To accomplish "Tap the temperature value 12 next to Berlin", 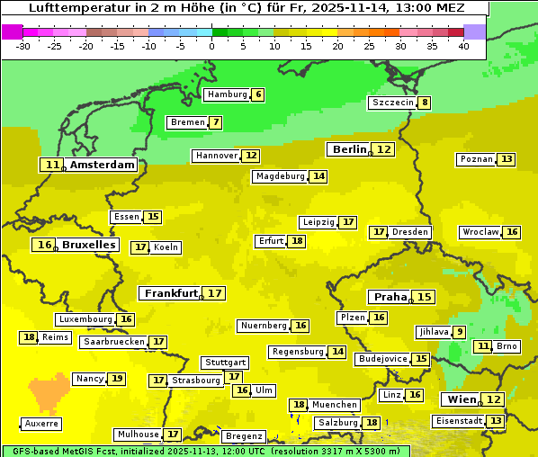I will pos(384,149).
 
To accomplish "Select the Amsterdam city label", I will pos(102,165).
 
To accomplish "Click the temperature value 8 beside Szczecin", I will pos(424,103).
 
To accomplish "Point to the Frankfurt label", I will pos(171,293).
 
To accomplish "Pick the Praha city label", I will pos(390,297).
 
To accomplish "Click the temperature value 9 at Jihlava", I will pos(460,332).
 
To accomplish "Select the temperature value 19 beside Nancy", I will pos(117,379).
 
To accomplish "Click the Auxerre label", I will pos(42,423).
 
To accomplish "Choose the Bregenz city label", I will pos(243,436).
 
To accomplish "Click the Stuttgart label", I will pos(224,363).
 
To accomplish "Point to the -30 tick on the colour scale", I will pos(23,45).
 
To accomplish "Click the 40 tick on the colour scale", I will pos(463,45).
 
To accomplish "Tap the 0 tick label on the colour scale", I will pos(211,45).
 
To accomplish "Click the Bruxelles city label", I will pos(88,245).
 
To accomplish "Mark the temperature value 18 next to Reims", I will pos(30,337).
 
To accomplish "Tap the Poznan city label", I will pos(476,159).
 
